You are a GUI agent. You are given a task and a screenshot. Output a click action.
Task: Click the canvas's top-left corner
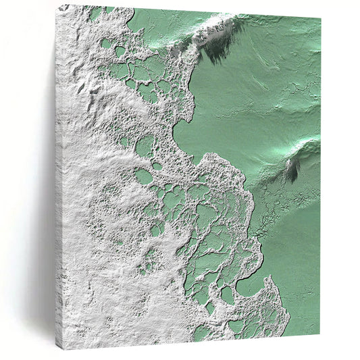pyautogui.click(x=59, y=5)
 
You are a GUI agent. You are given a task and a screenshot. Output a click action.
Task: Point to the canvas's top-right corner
pyautogui.click(x=320, y=16)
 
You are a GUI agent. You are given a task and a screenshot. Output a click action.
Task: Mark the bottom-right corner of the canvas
pyautogui.click(x=320, y=336)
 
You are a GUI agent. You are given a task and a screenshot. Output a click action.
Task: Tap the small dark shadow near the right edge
pyautogui.click(x=292, y=170)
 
